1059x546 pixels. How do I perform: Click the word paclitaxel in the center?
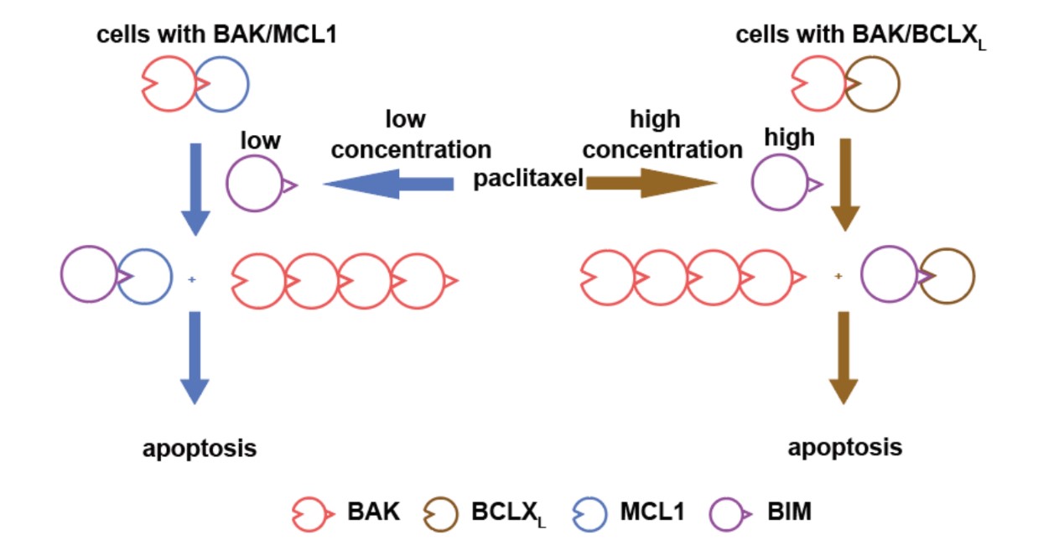(x=528, y=179)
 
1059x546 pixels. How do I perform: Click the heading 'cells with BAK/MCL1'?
(x=216, y=34)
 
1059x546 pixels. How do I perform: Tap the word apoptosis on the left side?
(x=199, y=448)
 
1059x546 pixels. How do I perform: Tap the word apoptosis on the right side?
(x=845, y=446)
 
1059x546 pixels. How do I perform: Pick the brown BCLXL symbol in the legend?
(x=441, y=511)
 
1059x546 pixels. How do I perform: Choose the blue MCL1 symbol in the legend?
(x=589, y=511)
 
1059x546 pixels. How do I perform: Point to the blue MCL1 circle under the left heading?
(x=222, y=84)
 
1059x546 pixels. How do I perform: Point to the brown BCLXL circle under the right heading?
(x=873, y=84)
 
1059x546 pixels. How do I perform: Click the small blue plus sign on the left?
(x=192, y=278)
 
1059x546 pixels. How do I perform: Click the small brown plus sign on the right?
(x=838, y=276)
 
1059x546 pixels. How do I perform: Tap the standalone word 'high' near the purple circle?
(x=789, y=137)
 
